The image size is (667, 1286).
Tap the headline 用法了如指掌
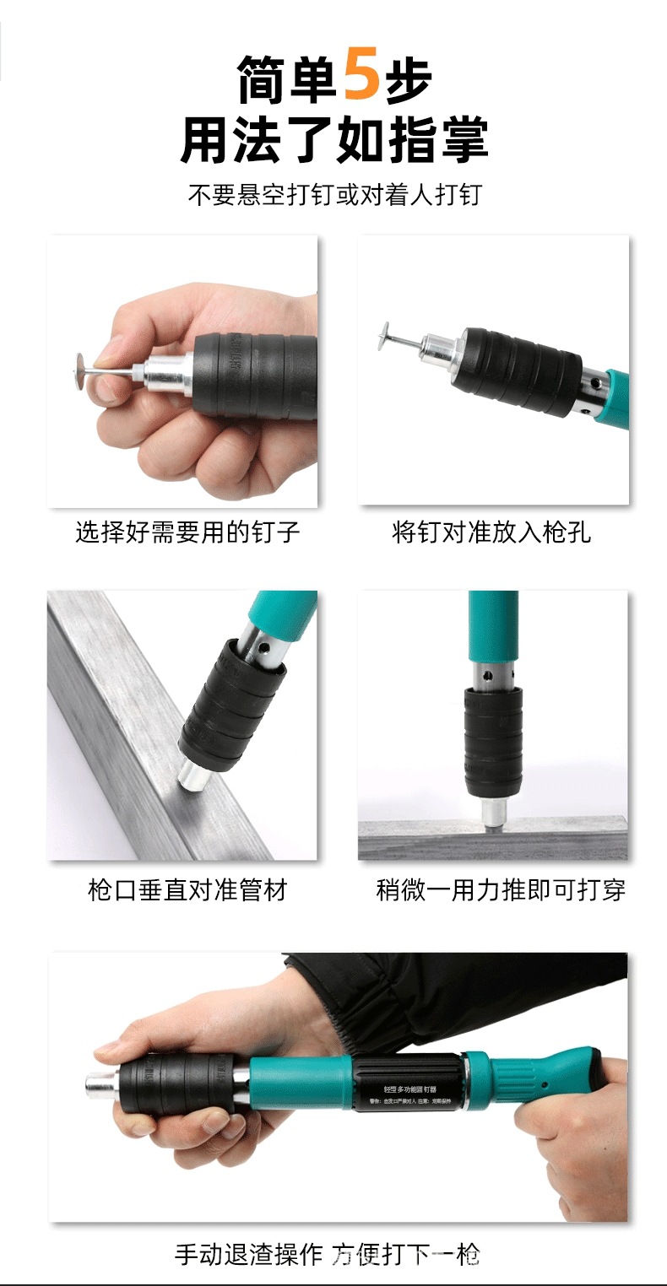click(x=333, y=140)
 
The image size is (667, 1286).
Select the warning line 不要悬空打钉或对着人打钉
click(x=333, y=195)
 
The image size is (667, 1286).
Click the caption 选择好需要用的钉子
click(x=187, y=532)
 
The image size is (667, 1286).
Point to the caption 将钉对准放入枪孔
click(x=491, y=532)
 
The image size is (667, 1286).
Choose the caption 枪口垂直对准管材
click(x=187, y=889)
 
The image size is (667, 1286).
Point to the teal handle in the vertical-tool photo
click(x=493, y=624)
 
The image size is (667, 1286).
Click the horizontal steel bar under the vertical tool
click(x=493, y=842)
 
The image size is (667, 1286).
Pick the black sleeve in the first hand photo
click(x=245, y=372)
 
